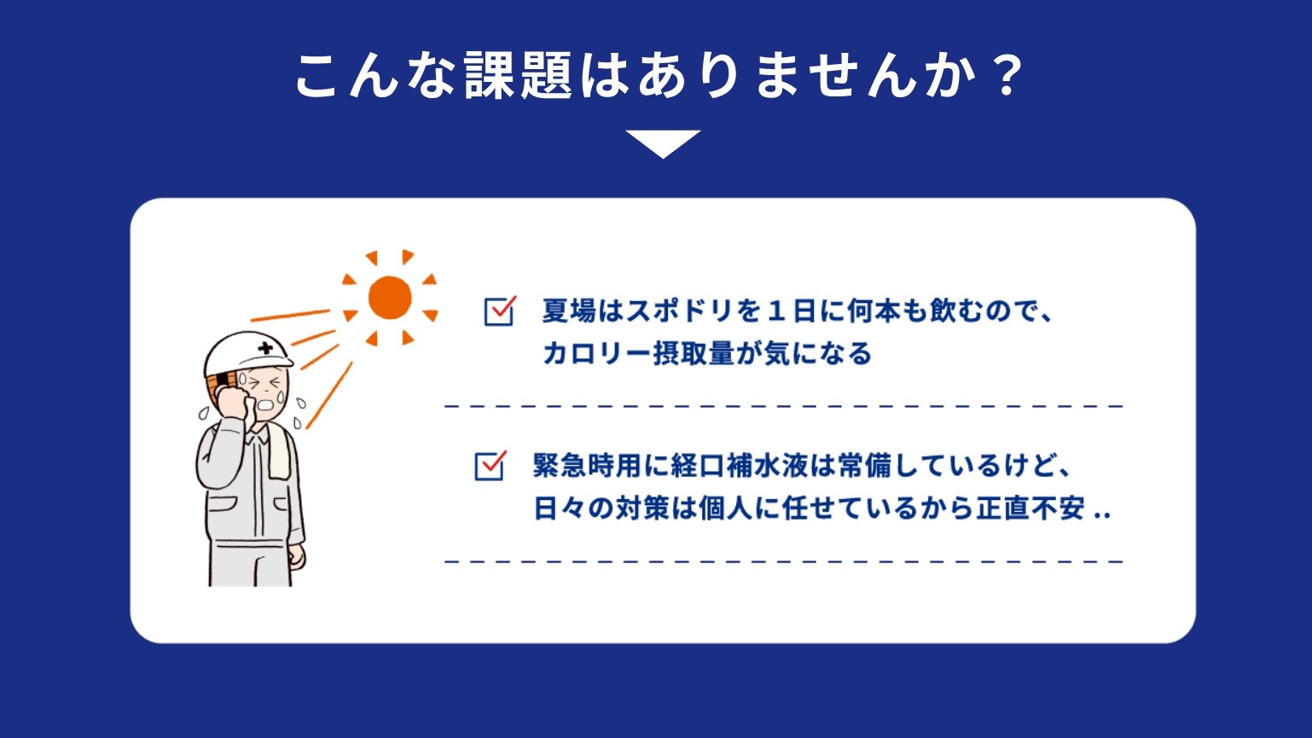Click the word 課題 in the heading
coord(519,76)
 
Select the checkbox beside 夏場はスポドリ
coord(499,311)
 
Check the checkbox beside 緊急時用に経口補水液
coord(490,466)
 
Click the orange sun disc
coord(390,298)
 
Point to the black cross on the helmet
coord(265,347)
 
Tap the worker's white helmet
coord(247,354)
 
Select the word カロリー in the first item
coord(597,354)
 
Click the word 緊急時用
coord(588,466)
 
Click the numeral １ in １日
coord(776,311)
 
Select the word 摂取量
coord(694,354)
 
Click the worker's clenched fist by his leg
coord(297,555)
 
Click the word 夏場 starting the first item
coord(569,311)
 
